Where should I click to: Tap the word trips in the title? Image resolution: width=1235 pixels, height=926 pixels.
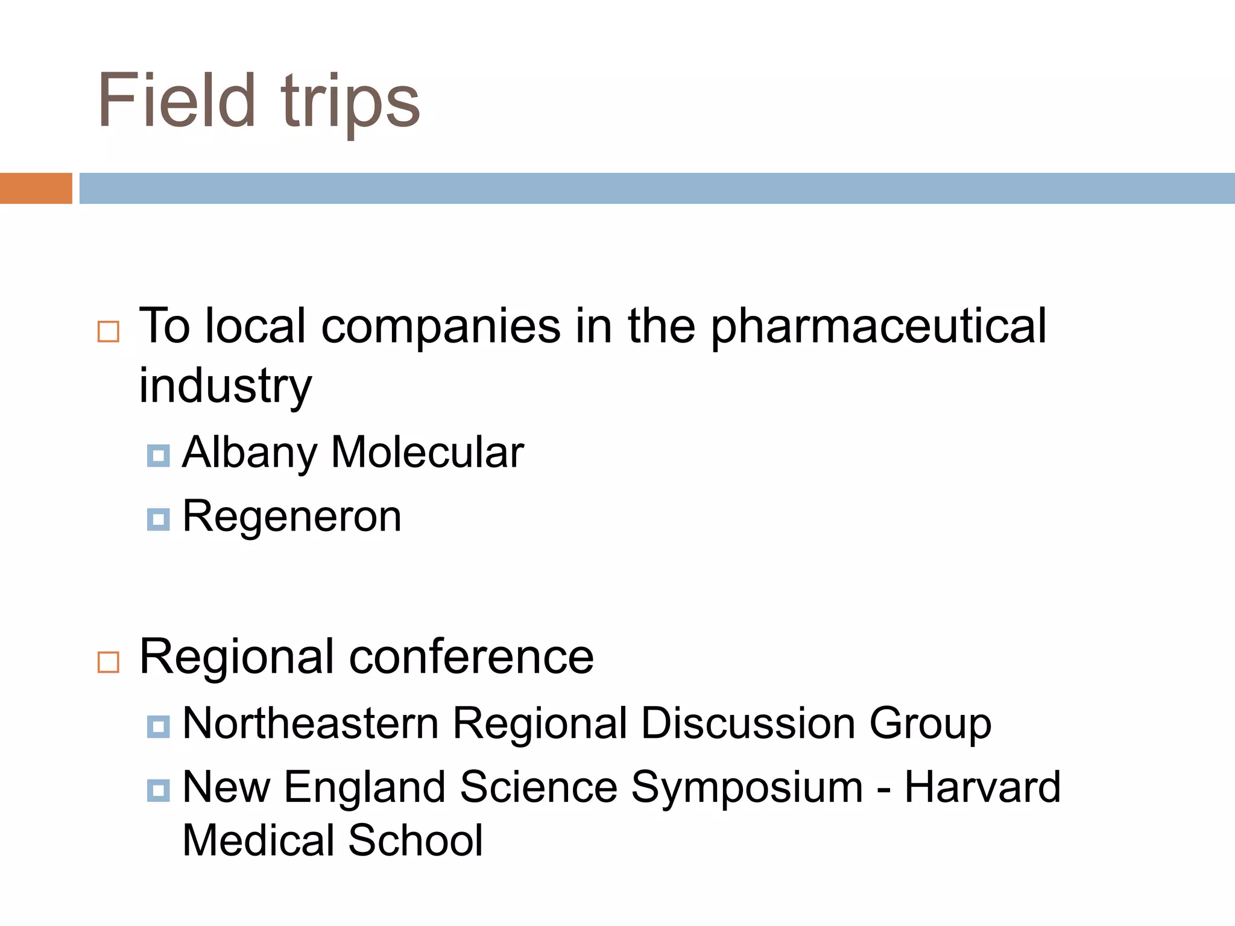(x=350, y=102)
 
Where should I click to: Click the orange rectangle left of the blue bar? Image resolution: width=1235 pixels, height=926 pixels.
(x=36, y=188)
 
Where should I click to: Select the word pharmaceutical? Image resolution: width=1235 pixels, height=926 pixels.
(x=879, y=327)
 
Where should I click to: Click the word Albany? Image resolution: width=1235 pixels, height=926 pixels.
(x=249, y=453)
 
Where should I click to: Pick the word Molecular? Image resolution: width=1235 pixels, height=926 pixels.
(x=428, y=452)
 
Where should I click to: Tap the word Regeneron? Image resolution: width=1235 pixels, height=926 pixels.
(x=292, y=517)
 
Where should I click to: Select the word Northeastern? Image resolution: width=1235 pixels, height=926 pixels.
(x=311, y=723)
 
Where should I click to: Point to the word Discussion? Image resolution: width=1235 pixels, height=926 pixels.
(x=748, y=723)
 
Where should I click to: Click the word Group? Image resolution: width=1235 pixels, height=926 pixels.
(x=930, y=723)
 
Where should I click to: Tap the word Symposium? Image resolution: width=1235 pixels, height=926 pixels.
(x=747, y=788)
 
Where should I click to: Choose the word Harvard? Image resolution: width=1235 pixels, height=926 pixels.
(x=982, y=787)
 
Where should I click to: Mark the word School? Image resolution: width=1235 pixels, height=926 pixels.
(x=415, y=840)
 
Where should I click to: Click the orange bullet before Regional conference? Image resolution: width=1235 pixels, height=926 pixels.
(x=109, y=662)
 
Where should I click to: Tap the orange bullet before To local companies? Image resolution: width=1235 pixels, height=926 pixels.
(x=109, y=332)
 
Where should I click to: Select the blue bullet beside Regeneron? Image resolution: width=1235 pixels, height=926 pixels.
(x=158, y=519)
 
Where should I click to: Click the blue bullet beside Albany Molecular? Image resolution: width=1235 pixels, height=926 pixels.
(x=158, y=455)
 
